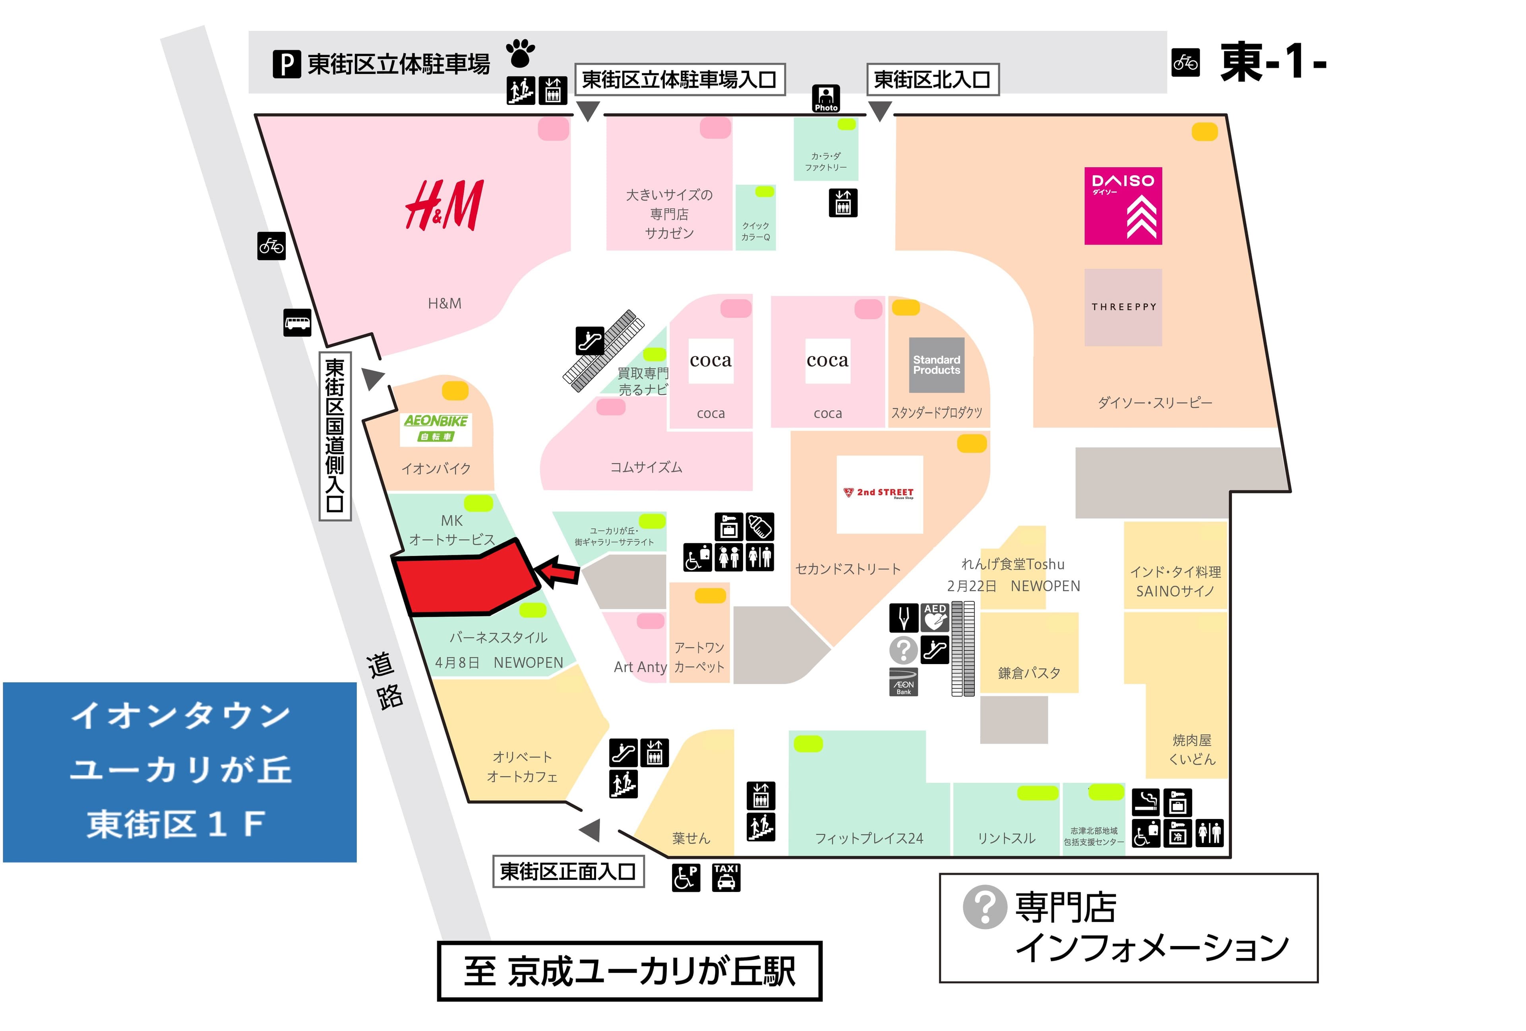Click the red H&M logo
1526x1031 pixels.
click(445, 205)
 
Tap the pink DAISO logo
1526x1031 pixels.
click(1122, 205)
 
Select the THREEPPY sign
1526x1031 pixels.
click(1123, 307)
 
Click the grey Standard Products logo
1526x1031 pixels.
click(936, 365)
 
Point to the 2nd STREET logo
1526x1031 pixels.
click(879, 494)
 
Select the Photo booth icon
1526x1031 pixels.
click(825, 98)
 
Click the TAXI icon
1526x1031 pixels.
click(726, 877)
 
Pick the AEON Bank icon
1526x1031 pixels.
click(904, 682)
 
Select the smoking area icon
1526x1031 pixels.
click(1145, 801)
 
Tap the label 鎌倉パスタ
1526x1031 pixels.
click(1028, 673)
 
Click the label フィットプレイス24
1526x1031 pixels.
click(869, 838)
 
